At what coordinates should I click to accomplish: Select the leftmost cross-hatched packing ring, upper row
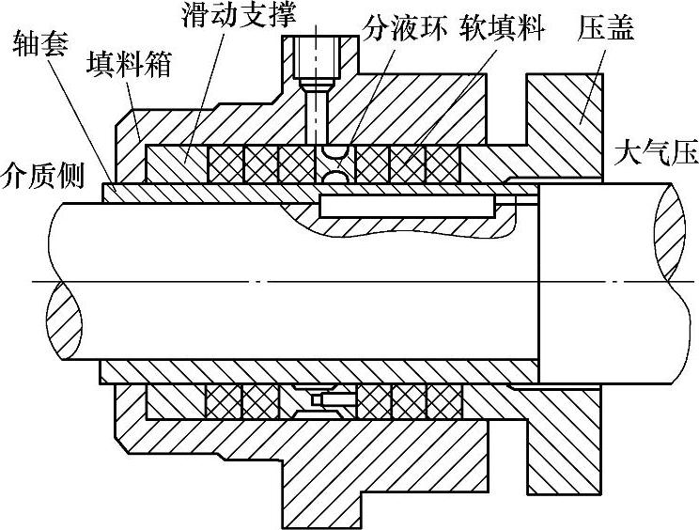click(x=226, y=164)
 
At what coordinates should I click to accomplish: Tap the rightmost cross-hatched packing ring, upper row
click(x=443, y=164)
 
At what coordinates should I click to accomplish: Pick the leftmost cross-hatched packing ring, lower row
click(x=225, y=401)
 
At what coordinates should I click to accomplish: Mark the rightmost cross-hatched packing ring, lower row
click(x=442, y=401)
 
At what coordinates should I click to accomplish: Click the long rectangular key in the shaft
click(x=406, y=205)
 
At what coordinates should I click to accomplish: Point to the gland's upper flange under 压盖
click(x=563, y=113)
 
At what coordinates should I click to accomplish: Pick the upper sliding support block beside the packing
click(x=175, y=164)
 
